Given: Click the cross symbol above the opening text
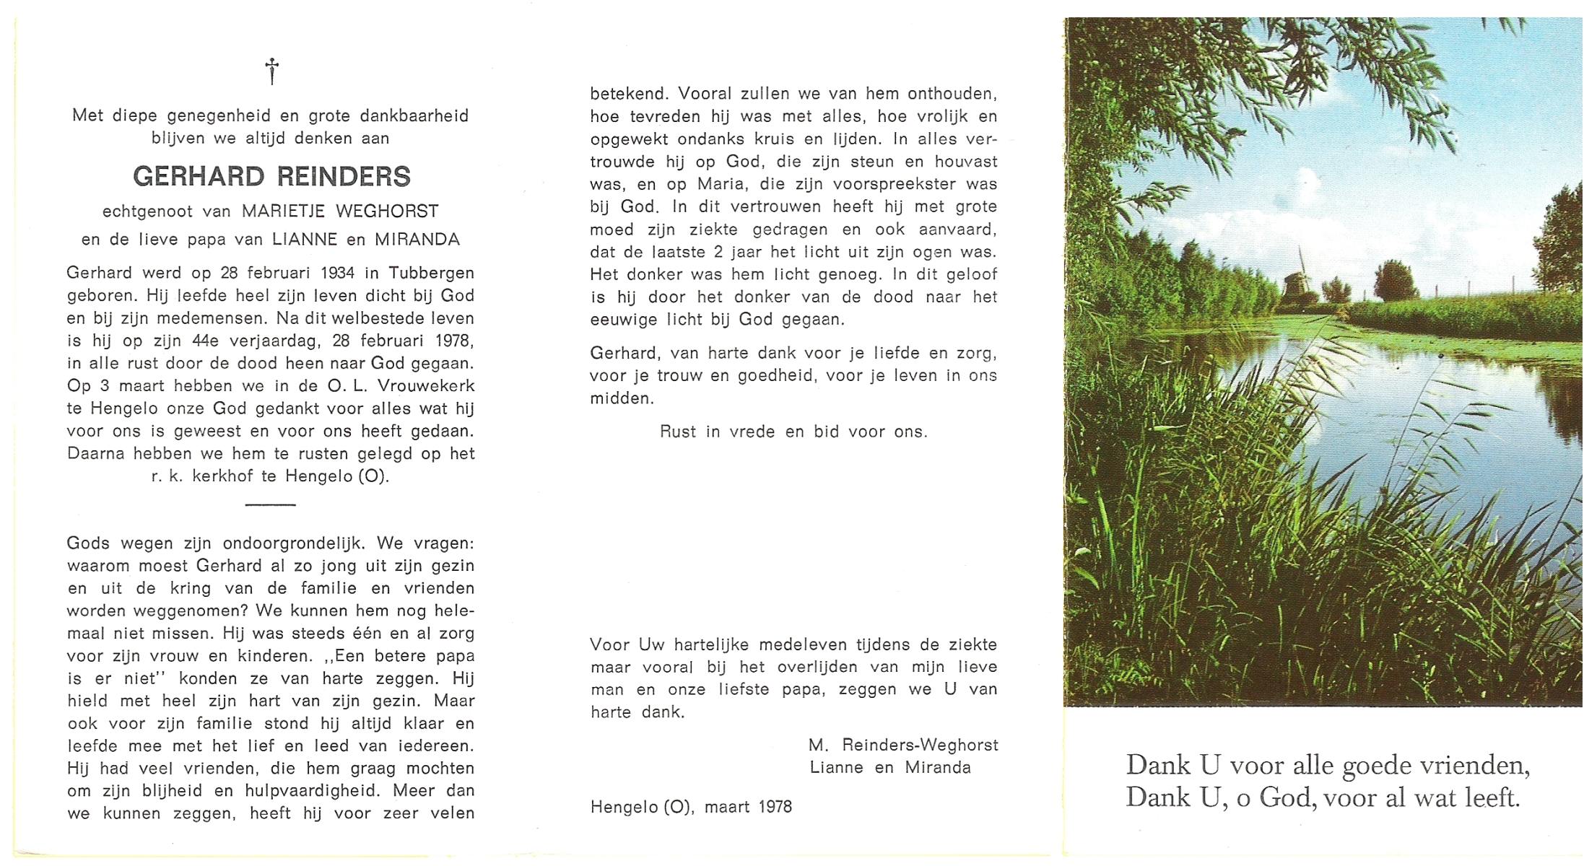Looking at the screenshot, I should point(271,71).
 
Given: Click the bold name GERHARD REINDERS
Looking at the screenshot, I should point(271,177).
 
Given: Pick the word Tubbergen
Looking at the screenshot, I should point(431,273).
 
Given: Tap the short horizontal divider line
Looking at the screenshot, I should point(271,504).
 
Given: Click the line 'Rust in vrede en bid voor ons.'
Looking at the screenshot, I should point(793,432).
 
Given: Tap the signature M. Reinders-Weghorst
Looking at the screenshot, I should point(903,745).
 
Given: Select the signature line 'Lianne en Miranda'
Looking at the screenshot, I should point(889,768).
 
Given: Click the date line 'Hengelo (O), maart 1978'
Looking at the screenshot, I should point(691,808).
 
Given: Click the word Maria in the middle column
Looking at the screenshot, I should point(721,184).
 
